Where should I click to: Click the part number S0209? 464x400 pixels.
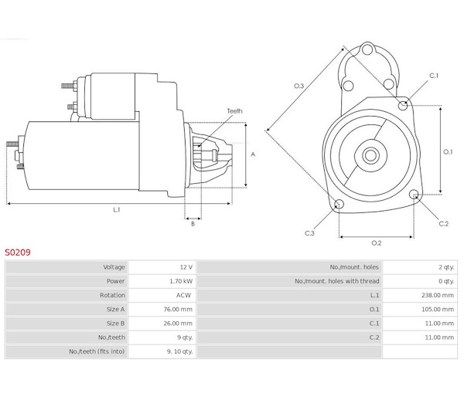18,251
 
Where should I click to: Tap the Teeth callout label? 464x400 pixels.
234,111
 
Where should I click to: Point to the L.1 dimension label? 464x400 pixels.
116,210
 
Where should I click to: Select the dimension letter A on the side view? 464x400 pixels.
253,154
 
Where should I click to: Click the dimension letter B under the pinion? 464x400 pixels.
193,224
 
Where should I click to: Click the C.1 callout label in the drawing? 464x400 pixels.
434,76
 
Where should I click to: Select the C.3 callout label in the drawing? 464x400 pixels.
309,232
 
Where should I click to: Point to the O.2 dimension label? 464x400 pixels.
377,242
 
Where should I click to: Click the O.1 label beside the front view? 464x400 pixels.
447,151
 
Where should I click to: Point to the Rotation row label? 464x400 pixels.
113,295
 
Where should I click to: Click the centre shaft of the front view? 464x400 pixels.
370,154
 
